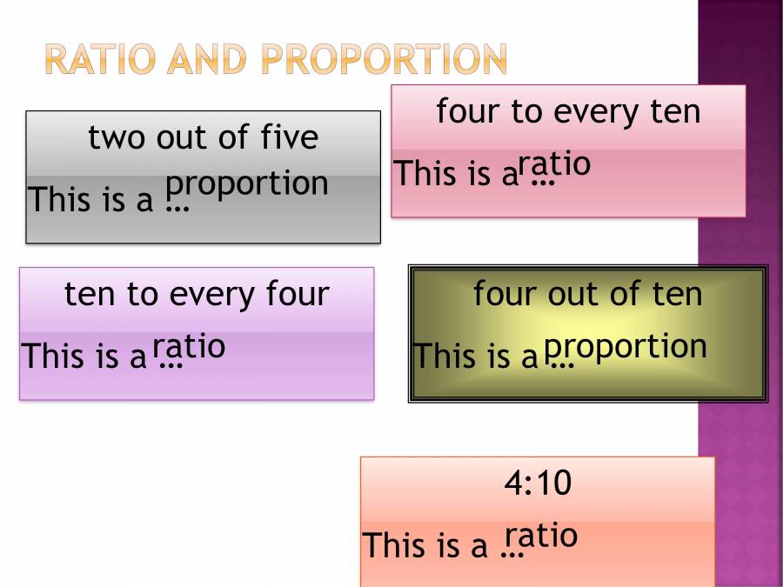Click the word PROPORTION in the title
[384, 59]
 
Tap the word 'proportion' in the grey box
[247, 184]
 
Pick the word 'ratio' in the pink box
[554, 164]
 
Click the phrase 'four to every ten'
[568, 111]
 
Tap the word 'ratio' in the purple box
[189, 346]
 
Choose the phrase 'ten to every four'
[197, 294]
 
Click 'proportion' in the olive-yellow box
[626, 346]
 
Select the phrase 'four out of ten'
[587, 294]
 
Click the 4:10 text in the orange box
[538, 483]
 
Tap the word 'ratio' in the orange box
[541, 536]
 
